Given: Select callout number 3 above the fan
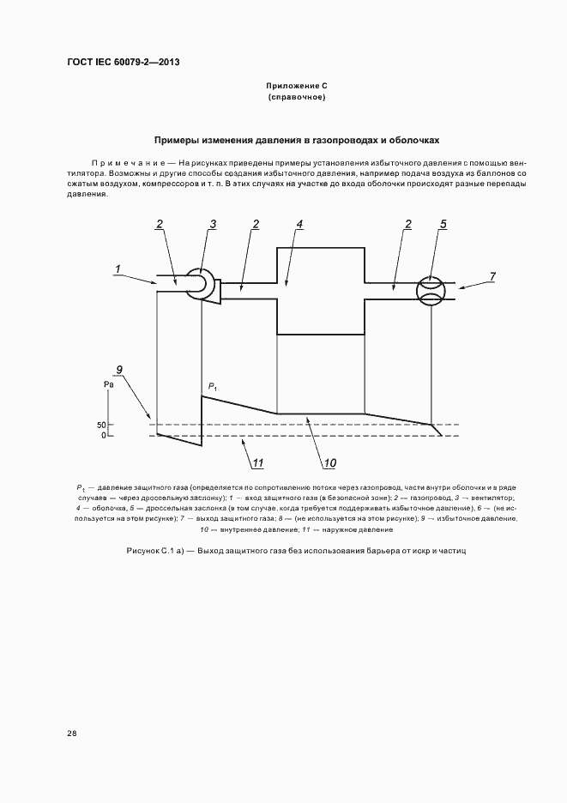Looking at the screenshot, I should [214, 224].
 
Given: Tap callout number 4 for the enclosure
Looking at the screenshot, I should [299, 224].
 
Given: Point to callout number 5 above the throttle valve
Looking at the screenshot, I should [443, 224].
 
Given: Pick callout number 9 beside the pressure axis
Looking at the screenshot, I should [120, 369].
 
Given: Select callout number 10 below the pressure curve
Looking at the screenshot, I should [329, 464].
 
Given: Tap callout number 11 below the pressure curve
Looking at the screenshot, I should [256, 463].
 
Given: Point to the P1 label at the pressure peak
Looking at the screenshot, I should [212, 386].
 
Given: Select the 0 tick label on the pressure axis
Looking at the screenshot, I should [102, 436].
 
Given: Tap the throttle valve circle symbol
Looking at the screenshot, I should [431, 290].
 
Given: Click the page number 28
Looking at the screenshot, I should [71, 734].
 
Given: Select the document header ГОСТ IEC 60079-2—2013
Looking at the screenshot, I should [123, 62].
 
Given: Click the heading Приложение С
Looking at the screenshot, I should [297, 87].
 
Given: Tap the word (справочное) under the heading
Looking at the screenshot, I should [297, 98].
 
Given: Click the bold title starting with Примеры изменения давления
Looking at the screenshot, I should [297, 139].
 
